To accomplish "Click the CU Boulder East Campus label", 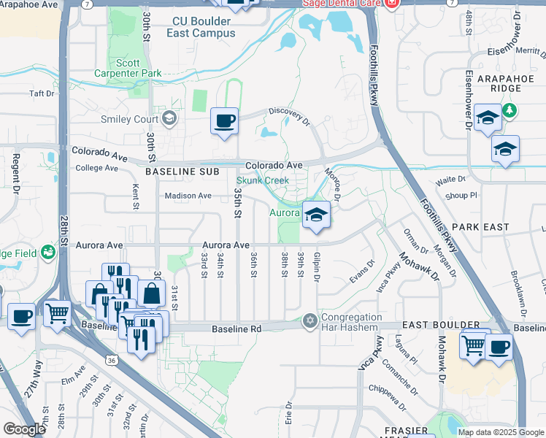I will click(204, 28).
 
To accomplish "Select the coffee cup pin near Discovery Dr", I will click(224, 120).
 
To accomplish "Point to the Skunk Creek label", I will click(262, 180).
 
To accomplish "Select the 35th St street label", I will click(237, 202).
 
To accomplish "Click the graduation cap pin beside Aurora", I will click(315, 215).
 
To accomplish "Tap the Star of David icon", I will click(309, 321).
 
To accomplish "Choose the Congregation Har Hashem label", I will click(353, 323).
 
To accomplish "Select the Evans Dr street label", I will click(362, 273).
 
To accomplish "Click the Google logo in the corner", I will click(24, 429).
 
